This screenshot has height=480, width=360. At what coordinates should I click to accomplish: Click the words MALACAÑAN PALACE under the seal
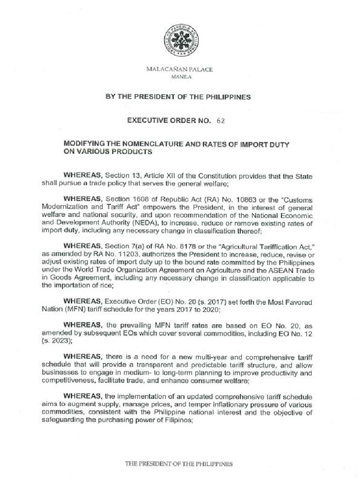coord(180,69)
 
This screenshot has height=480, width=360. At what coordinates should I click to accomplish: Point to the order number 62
coord(221,120)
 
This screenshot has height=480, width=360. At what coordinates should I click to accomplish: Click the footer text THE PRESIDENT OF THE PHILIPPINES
coord(178,464)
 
